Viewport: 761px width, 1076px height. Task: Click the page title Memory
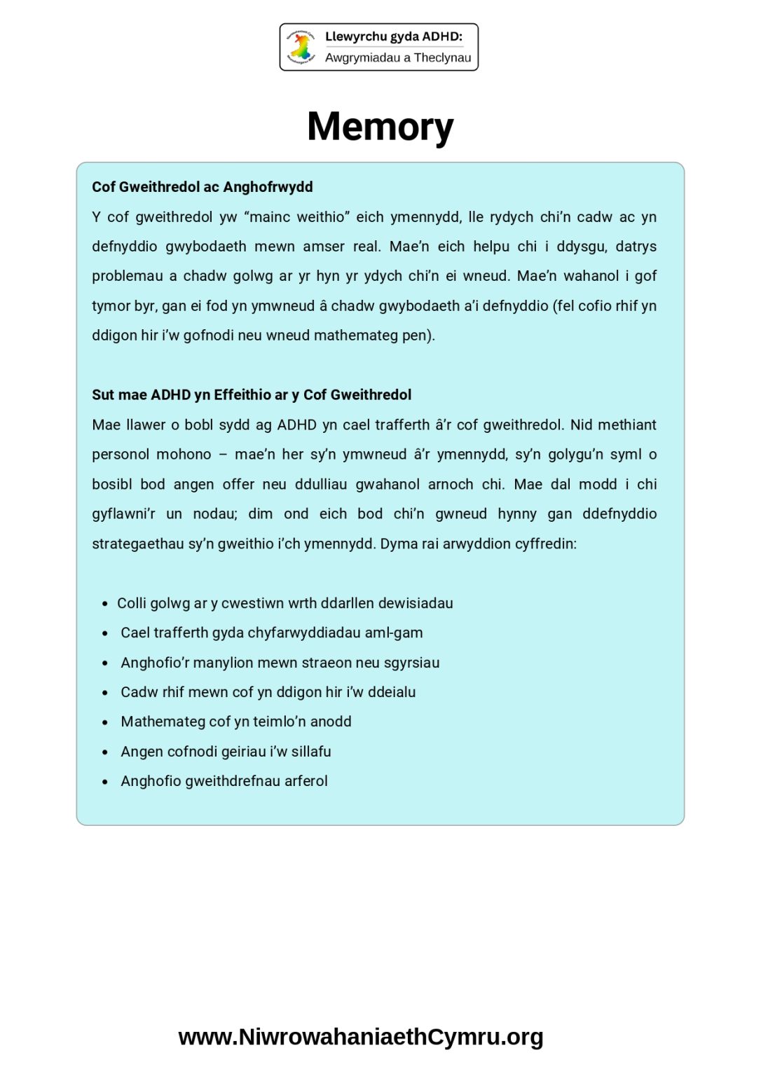(x=380, y=127)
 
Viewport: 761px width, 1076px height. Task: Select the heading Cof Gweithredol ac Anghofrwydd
(x=202, y=187)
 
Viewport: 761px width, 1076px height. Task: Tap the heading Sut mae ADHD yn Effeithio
(x=252, y=395)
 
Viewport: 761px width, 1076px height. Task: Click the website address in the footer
(x=360, y=1037)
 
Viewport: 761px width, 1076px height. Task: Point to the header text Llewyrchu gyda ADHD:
(x=394, y=36)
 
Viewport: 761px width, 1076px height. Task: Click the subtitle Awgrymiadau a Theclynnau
(x=398, y=57)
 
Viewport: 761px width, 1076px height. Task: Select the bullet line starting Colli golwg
(x=284, y=603)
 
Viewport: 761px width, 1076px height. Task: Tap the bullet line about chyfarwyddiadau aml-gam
(x=271, y=633)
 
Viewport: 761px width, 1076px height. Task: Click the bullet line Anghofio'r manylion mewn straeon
(x=280, y=663)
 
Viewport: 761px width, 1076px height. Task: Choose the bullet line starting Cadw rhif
(x=268, y=692)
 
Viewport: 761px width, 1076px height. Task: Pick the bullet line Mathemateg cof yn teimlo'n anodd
(x=235, y=722)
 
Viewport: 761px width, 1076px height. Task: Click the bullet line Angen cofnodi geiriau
(x=226, y=752)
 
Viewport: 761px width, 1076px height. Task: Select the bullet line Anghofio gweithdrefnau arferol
(x=224, y=781)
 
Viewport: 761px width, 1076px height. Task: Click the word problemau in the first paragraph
(x=127, y=276)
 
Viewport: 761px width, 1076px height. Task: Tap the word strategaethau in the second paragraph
(x=137, y=544)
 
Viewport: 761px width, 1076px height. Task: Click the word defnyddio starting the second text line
(x=124, y=247)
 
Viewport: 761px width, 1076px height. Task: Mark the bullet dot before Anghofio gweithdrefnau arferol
(x=105, y=782)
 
